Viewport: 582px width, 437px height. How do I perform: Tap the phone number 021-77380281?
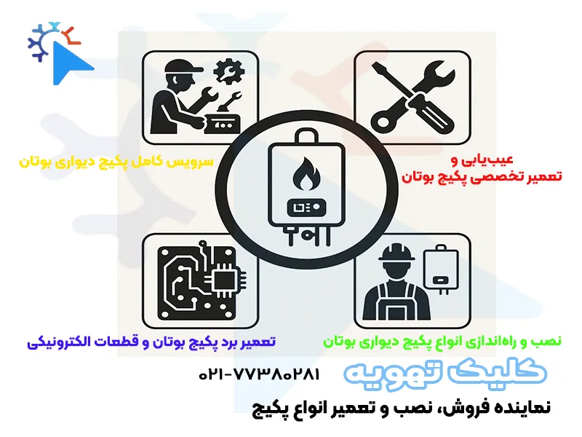point(258,374)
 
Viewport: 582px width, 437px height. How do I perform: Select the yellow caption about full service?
point(116,160)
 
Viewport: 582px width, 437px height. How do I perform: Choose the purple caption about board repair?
point(151,341)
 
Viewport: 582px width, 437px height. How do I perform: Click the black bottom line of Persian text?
point(401,406)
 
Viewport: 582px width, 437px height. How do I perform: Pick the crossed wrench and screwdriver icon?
point(411,95)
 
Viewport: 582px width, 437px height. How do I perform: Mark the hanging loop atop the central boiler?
point(306,137)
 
